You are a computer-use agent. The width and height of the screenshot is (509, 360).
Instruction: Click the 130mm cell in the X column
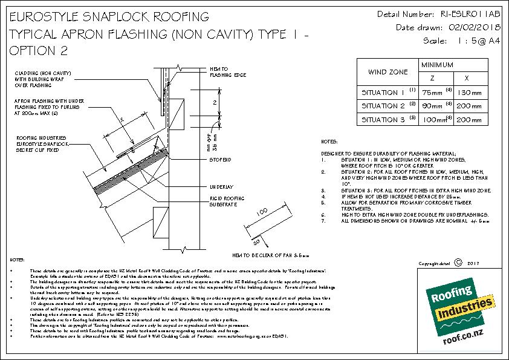click(x=470, y=93)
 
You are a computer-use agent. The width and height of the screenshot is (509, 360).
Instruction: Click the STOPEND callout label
click(x=219, y=160)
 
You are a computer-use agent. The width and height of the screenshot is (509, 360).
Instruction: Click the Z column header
click(x=431, y=79)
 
